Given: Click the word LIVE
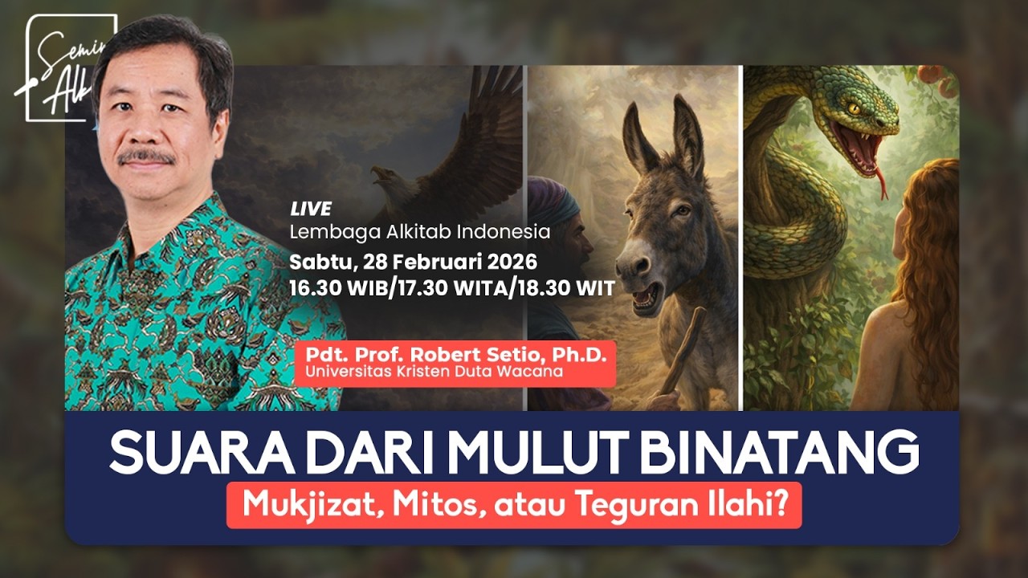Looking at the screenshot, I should coord(312,210).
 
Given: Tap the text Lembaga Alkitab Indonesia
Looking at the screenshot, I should coord(420,233).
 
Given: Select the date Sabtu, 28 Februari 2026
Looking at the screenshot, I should coord(413,262).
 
